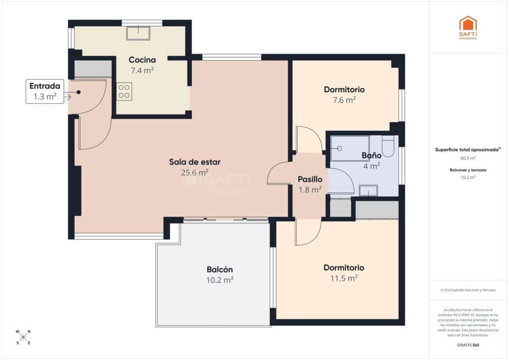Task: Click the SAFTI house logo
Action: pos(468,25)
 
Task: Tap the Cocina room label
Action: pos(142,60)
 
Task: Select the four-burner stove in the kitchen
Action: pos(124,91)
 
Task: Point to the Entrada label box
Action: pos(45,91)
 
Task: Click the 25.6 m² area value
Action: pos(195,173)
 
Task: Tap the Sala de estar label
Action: pos(195,162)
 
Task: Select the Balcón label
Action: pos(220,270)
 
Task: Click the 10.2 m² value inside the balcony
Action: pos(220,280)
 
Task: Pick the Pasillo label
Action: pos(310,179)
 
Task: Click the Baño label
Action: pos(371,155)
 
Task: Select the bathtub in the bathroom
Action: pos(350,148)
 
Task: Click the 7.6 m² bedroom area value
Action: pos(344,100)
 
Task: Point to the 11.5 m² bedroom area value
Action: pos(344,278)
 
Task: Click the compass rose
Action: pos(23,337)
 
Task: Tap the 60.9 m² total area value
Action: pos(468,158)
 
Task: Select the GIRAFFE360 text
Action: pos(468,345)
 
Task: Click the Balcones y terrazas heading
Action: pos(468,170)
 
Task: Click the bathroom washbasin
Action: pos(368,190)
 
